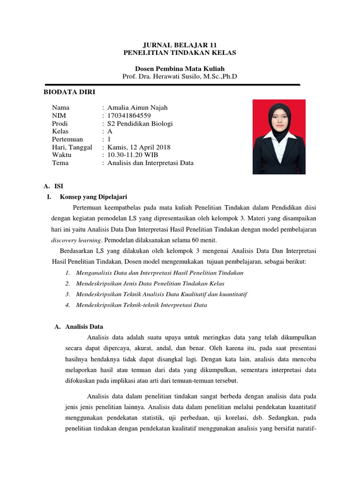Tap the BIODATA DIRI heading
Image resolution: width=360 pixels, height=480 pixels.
pos(69,92)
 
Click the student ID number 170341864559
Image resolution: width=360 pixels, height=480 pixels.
pos(129,115)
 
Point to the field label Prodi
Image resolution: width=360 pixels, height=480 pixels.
pos(60,123)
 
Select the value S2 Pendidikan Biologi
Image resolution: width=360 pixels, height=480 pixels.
pos(140,123)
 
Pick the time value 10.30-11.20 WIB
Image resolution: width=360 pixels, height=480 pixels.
pos(134,155)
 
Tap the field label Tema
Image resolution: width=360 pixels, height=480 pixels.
pos(60,163)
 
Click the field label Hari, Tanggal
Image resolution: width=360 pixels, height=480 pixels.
pos(72,147)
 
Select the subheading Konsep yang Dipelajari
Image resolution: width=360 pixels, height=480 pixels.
pos(93,197)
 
